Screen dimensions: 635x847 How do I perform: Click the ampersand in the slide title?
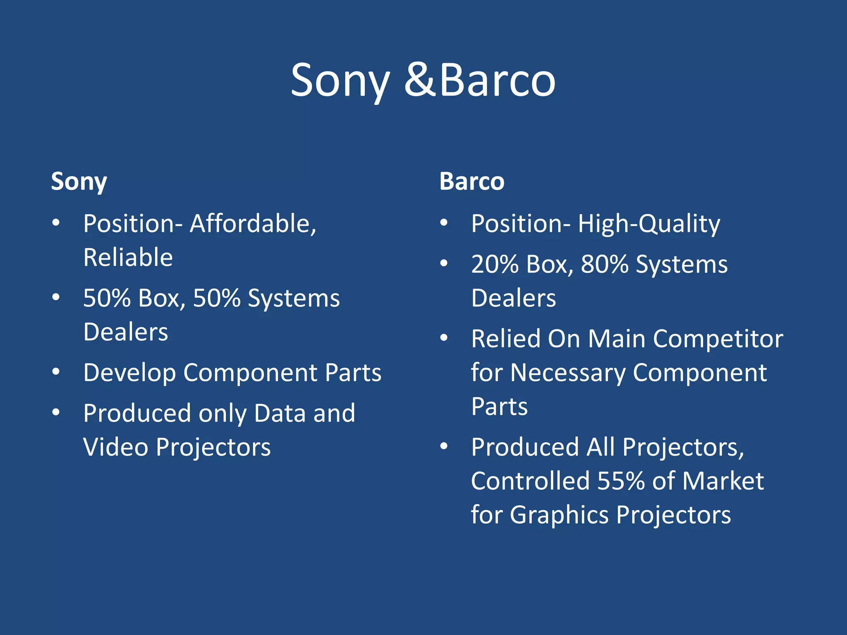coord(419,80)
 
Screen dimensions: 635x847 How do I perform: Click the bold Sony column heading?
coord(79,181)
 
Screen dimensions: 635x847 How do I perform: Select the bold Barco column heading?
coord(472,181)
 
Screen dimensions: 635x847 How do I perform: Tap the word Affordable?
coord(253,224)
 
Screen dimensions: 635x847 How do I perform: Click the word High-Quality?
coord(649,224)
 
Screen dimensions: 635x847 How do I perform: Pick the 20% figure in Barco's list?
coord(495,264)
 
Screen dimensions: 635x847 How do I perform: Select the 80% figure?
coord(605,264)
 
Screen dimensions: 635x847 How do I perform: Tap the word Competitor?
coord(718,339)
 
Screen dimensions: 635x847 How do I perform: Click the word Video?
coord(116,447)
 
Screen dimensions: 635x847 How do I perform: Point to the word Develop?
coord(129,373)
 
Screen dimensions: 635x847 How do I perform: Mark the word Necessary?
coord(568,373)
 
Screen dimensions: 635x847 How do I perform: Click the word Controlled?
coord(530,481)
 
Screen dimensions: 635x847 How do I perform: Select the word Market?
coord(723,481)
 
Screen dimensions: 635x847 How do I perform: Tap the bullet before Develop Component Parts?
coord(56,372)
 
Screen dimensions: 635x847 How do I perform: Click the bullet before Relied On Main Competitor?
coord(444,338)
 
